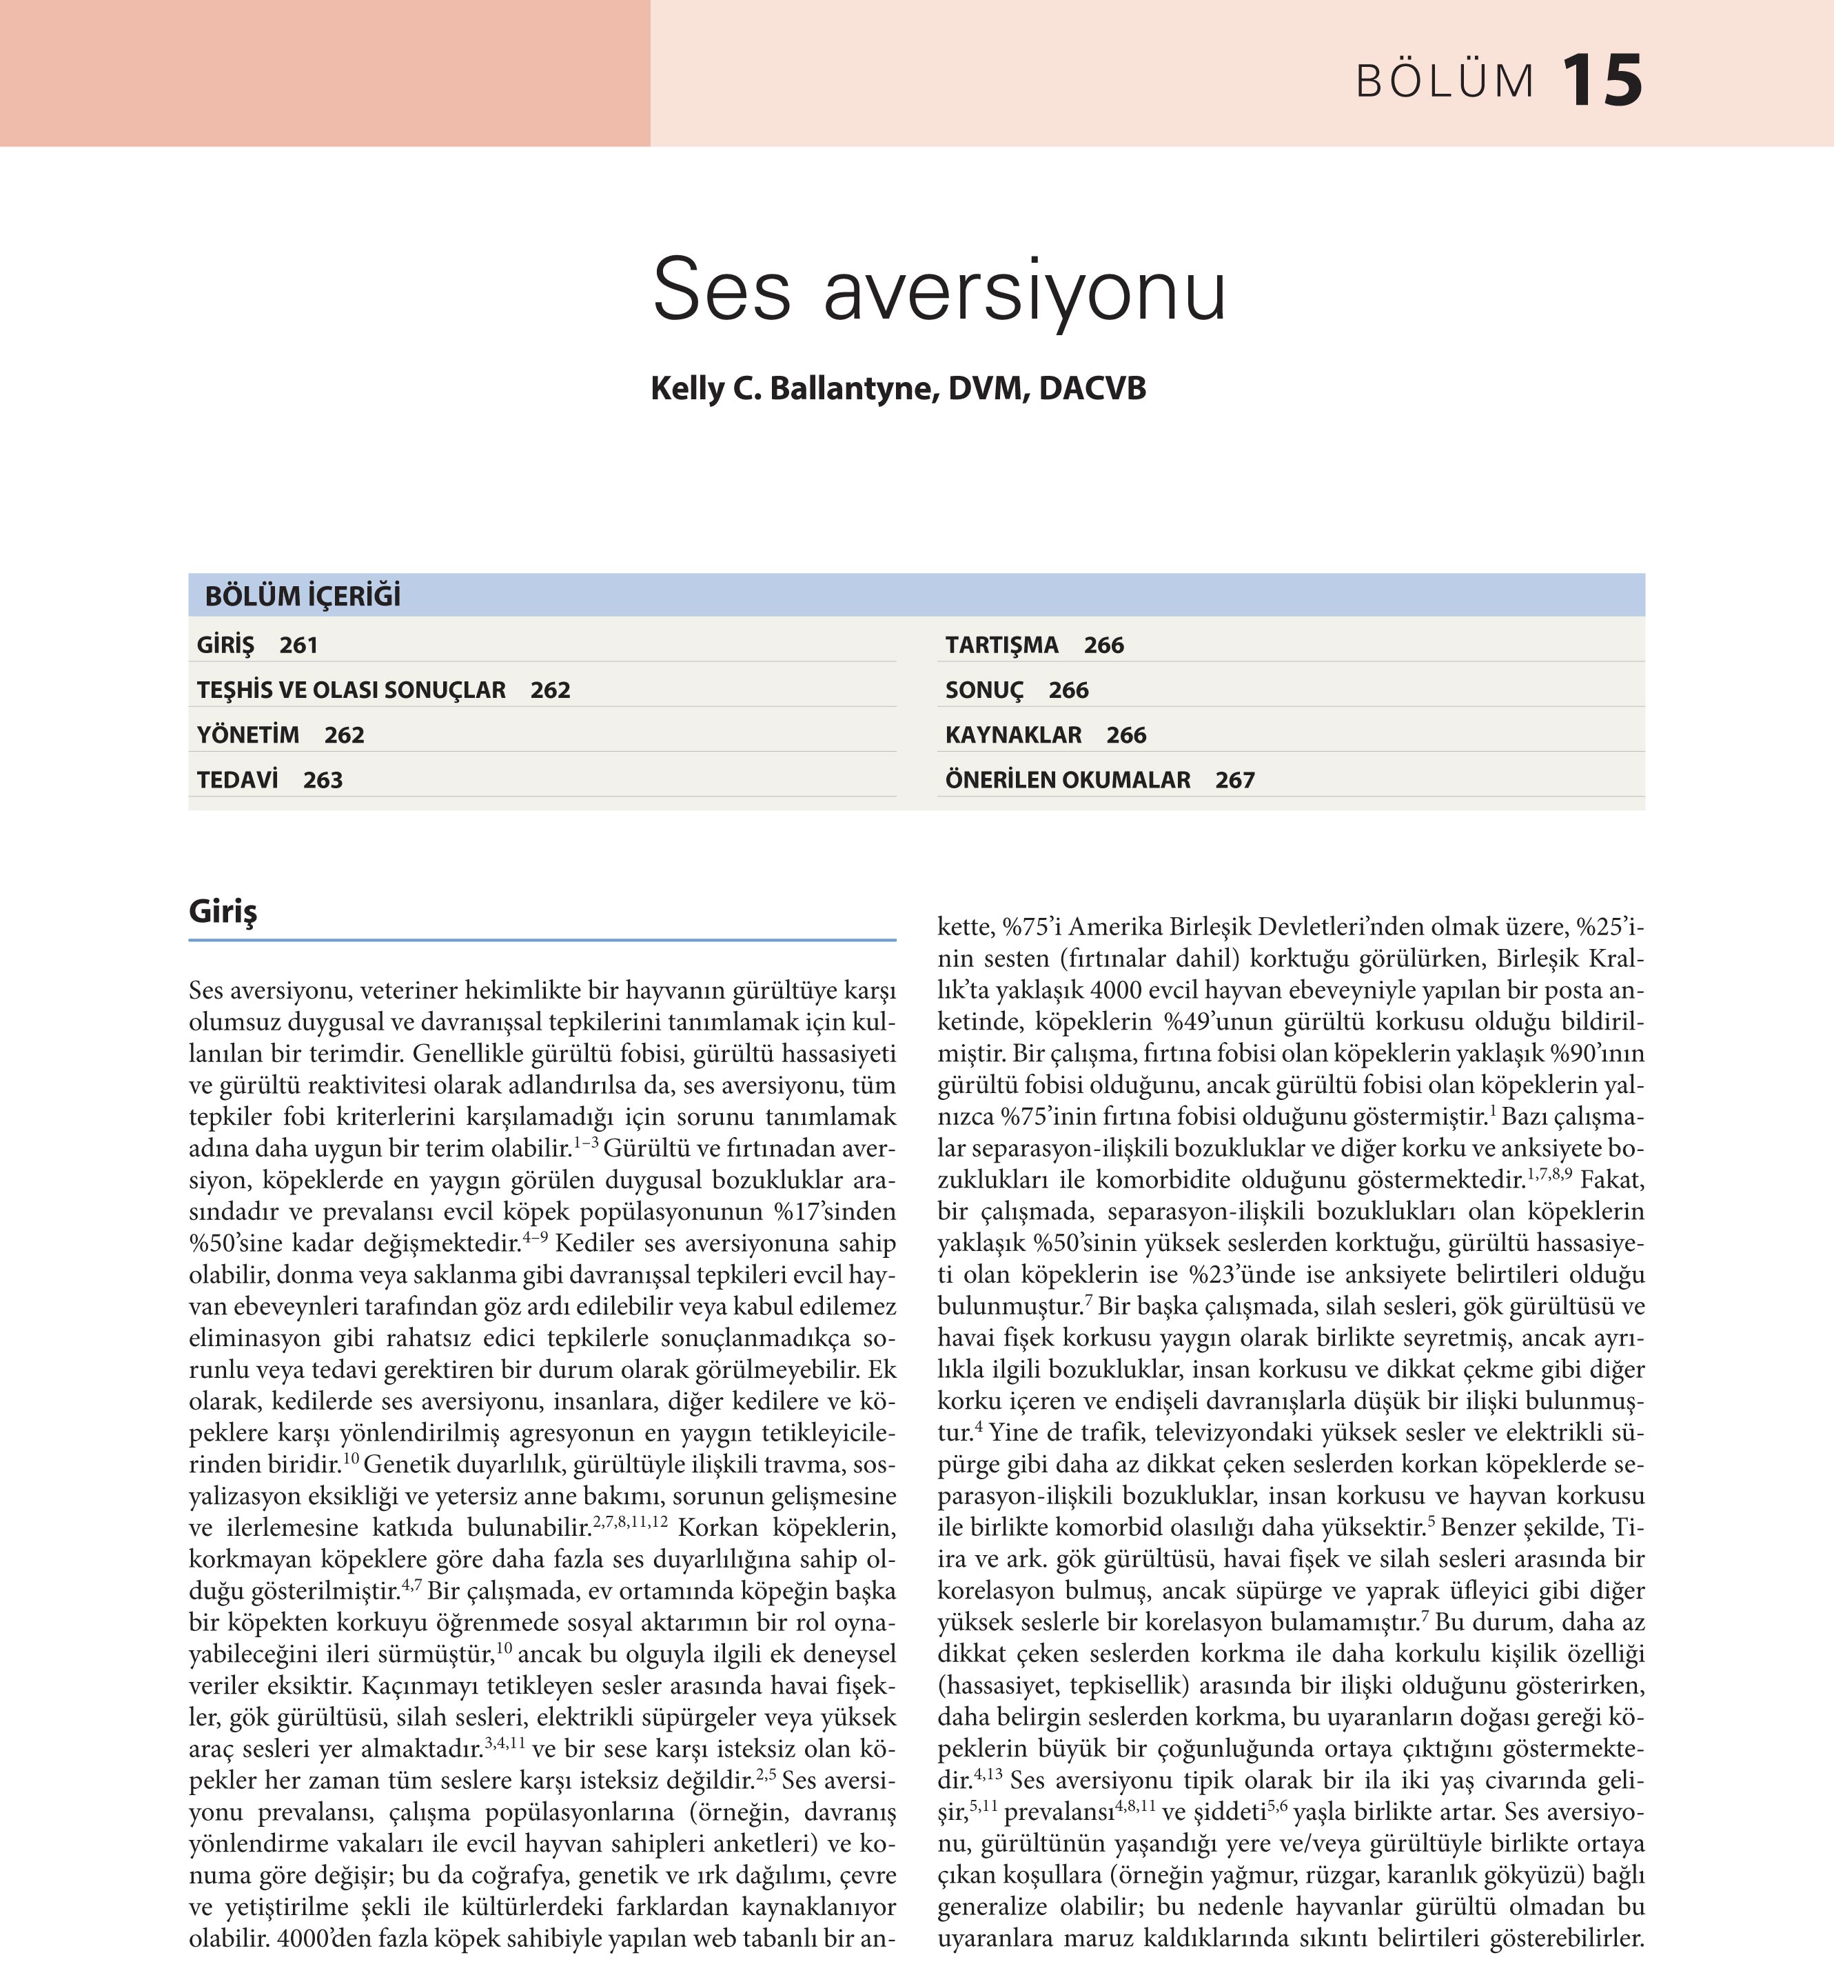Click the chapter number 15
point(1602,81)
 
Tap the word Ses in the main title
point(721,290)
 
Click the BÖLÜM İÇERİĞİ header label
point(303,596)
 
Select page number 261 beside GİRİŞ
point(298,645)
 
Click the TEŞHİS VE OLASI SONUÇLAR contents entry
point(351,690)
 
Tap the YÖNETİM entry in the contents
point(247,735)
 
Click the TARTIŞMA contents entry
point(1001,645)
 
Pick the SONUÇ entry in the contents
point(984,690)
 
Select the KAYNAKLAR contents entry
point(1013,735)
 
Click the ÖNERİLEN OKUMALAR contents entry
point(1068,780)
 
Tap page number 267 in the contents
point(1234,780)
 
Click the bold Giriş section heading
point(223,911)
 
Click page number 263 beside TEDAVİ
point(323,780)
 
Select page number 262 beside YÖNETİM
point(345,735)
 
